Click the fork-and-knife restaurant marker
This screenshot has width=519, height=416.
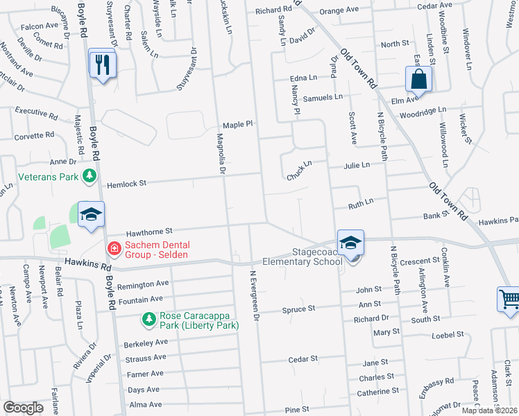103,64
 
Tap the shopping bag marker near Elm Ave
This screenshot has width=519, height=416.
418,80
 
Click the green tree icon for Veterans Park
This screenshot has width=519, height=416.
89,177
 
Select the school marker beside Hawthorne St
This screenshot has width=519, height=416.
90,216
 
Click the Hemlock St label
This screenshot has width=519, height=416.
127,184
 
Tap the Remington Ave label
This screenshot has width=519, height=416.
143,284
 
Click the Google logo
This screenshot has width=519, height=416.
23,408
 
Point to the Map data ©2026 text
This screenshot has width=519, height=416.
489,410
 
